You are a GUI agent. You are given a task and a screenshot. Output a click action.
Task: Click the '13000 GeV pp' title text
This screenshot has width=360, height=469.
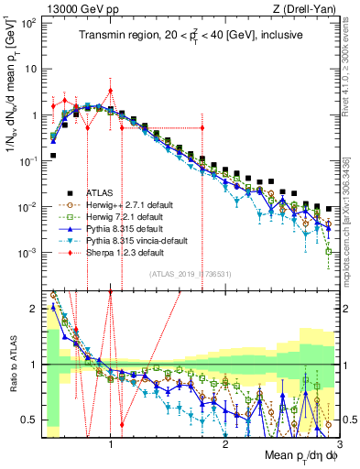tap(73, 8)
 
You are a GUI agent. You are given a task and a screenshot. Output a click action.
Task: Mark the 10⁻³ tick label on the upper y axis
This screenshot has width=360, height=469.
tap(28, 252)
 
